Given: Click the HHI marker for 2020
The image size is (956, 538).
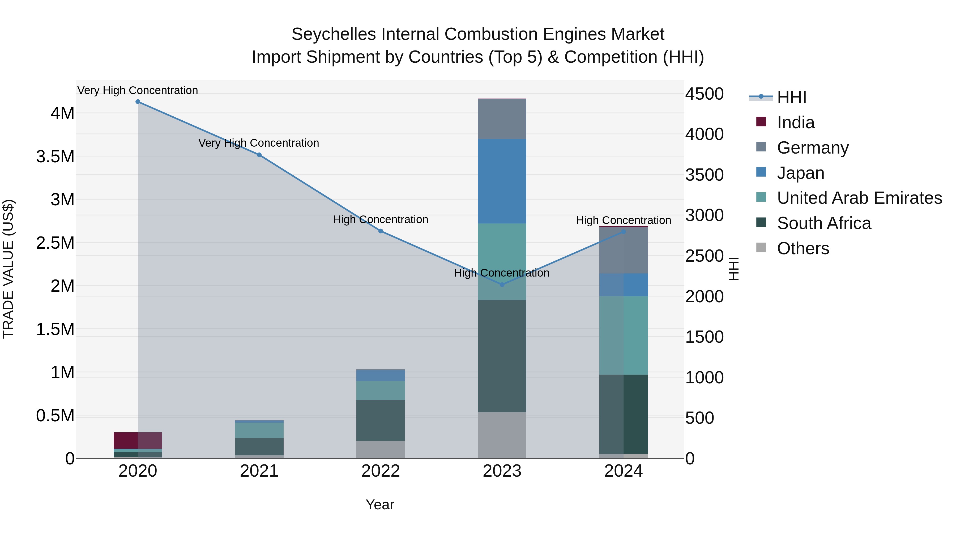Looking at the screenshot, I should point(138,102).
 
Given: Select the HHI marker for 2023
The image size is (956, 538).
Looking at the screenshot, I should point(502,285).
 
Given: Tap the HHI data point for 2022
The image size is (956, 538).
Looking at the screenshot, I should point(380,231).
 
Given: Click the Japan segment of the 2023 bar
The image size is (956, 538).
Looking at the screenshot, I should point(502,181).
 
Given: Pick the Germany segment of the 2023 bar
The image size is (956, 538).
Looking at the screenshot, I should point(502,119).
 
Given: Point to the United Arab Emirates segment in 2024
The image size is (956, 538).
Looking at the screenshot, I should point(624,335).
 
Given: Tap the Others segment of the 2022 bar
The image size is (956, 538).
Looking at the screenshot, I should point(380,449).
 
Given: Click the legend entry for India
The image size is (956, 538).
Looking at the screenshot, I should point(795,122).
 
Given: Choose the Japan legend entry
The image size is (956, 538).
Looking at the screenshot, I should point(800,173).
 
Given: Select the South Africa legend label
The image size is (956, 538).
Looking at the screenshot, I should point(823,223).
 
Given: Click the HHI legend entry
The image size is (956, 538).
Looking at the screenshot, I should point(791,97).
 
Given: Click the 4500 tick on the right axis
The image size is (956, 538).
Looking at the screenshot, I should point(704,94).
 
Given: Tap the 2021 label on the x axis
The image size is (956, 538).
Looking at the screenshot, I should point(259,471).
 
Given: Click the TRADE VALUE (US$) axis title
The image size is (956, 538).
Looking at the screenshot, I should point(8,269).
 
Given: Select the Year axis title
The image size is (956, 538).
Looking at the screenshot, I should point(380,505).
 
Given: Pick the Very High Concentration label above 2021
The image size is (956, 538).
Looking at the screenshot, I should point(259,143).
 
